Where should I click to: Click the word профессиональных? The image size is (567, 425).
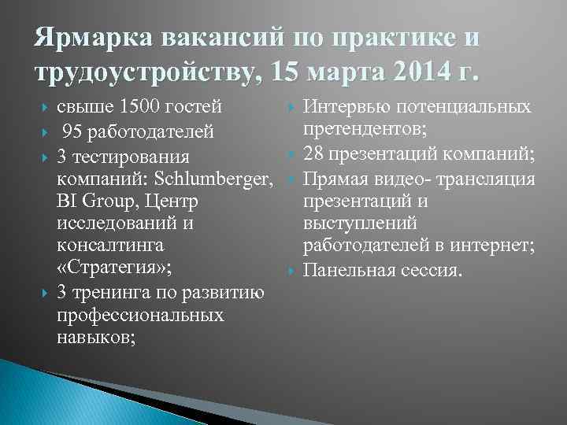point(140,315)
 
